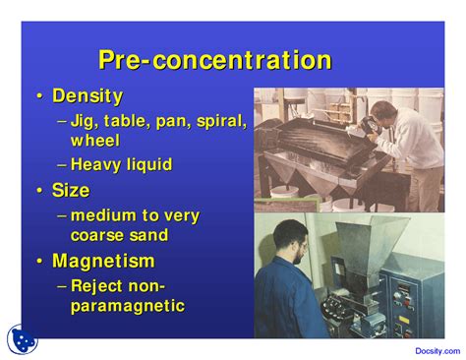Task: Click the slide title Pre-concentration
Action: pos(214,60)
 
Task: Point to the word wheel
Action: pos(94,141)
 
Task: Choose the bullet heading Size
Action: pos(71,191)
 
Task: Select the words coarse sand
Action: pos(120,235)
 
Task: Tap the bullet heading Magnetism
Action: pos(102,261)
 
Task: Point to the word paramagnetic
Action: pos(127,306)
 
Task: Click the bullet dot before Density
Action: pos(39,96)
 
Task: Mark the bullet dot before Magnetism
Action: pos(39,261)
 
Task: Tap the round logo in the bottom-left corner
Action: pos(22,339)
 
